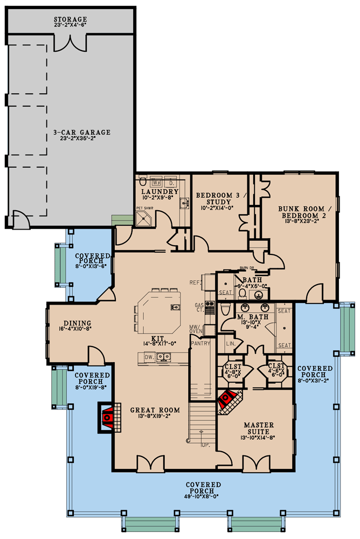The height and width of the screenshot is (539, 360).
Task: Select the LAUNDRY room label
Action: click(160, 191)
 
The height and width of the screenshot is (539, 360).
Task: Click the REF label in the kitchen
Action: click(195, 282)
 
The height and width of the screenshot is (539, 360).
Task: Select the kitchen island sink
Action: click(175, 307)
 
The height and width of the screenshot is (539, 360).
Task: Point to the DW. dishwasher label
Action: click(150, 357)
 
